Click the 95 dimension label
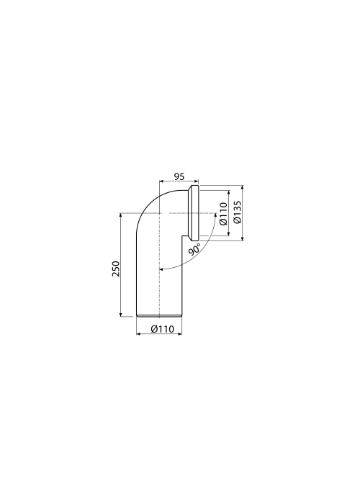pos(179,176)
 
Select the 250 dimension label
pos(116,269)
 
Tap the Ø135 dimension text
pos(237,212)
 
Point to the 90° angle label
pos(194,250)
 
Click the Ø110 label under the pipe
pos(162,329)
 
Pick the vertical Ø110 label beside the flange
pos(223,214)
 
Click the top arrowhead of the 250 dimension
pos(120,215)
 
